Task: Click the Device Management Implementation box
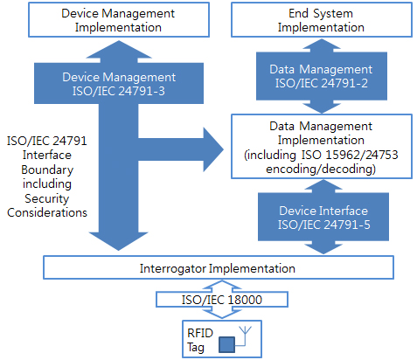point(119,20)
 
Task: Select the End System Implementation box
point(322,20)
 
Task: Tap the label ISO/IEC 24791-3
point(119,91)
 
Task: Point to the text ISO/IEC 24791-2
point(322,83)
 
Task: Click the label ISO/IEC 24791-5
point(323,225)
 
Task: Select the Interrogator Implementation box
point(219,267)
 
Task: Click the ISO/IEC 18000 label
point(222,300)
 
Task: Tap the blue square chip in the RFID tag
point(226,344)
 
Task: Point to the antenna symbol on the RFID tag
point(245,335)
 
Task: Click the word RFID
point(200,333)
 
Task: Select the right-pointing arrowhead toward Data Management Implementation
point(213,149)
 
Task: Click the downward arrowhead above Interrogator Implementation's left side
point(119,241)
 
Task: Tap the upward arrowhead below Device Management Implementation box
point(119,49)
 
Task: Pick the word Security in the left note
point(47,198)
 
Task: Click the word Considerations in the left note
point(47,212)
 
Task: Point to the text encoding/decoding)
point(321,169)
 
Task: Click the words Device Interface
point(323,211)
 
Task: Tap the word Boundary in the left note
point(47,170)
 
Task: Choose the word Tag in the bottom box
point(196,348)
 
